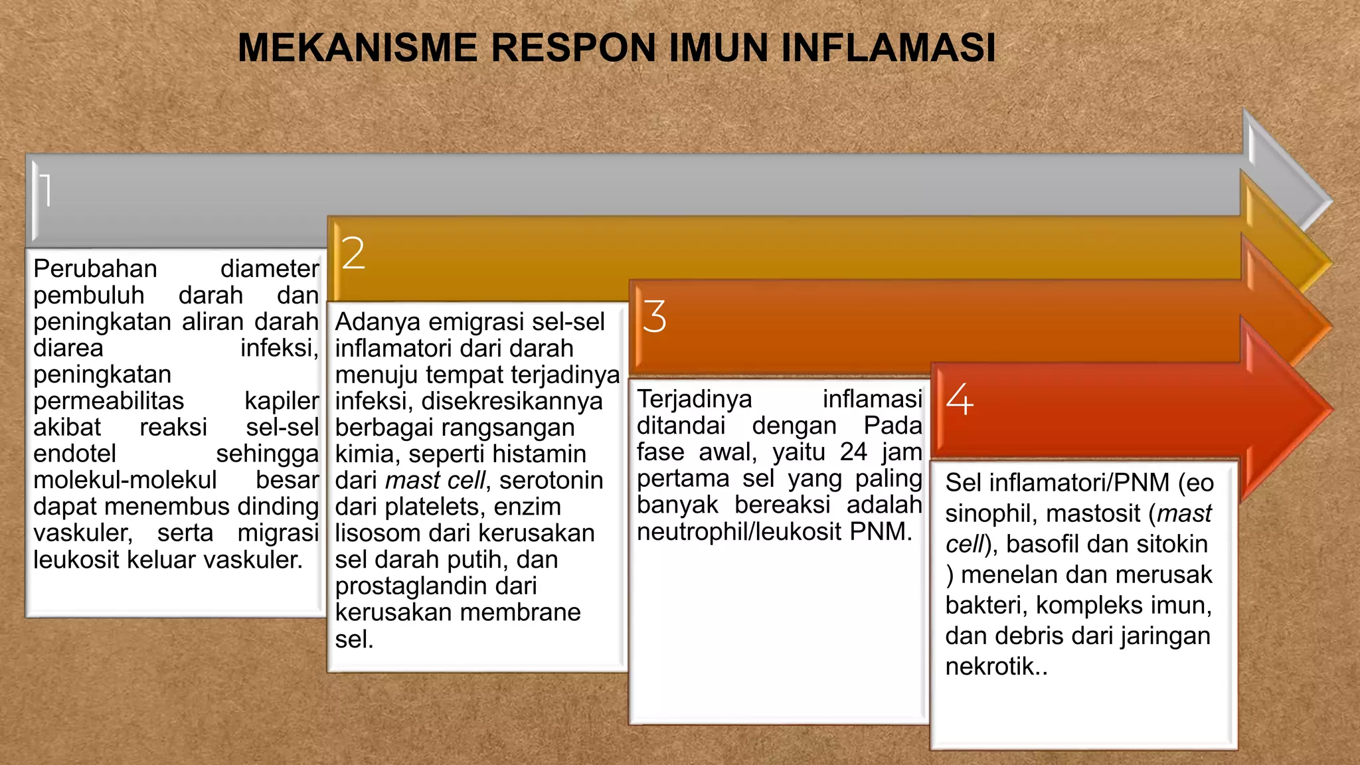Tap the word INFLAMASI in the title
(x=888, y=48)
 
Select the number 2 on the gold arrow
(x=353, y=254)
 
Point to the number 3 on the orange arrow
(x=654, y=316)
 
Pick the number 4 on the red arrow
(x=960, y=399)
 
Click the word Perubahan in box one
(x=95, y=269)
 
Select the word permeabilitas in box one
(x=108, y=401)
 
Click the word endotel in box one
(x=74, y=454)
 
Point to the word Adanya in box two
(x=377, y=322)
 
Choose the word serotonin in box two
(x=551, y=480)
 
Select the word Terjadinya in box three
(x=694, y=399)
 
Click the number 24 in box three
(x=853, y=452)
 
